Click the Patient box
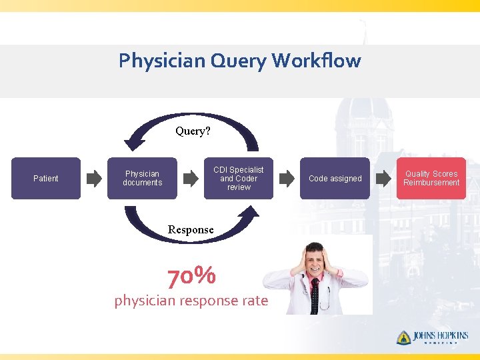coord(46,178)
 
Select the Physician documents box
coord(142,178)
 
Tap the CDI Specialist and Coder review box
coord(238,178)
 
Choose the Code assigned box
coord(335,178)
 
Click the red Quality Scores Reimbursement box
coord(431,178)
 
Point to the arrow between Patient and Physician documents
coord(94,179)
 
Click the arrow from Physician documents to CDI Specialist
coord(191,179)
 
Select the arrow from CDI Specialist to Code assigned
coord(287,179)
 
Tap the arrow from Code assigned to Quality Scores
coord(383,179)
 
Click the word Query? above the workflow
coord(193,131)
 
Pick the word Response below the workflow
coord(191,230)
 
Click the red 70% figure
coord(191,275)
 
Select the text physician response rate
coord(191,301)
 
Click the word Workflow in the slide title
coord(316,61)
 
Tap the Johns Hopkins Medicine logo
coord(432,337)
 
